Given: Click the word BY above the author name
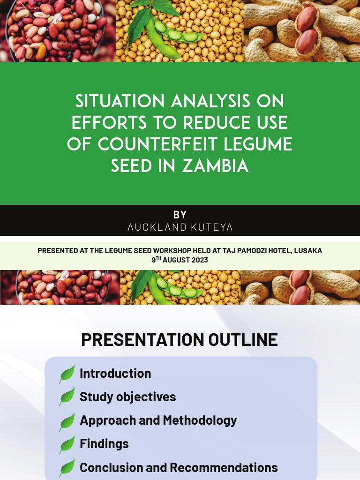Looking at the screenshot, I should click(180, 215).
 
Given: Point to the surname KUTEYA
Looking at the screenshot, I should click(211, 227).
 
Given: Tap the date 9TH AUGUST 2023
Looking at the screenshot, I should click(180, 260).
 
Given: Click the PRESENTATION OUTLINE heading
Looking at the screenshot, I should click(180, 340).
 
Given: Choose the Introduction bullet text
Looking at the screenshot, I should click(115, 374).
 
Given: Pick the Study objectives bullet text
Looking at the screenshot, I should click(127, 397).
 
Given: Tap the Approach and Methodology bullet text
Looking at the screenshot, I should click(158, 420).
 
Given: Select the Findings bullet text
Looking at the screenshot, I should click(104, 444).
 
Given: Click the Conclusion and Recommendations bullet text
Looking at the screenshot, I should click(179, 467).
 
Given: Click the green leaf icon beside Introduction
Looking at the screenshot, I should click(67, 374).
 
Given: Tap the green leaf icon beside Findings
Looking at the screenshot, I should click(67, 444).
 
